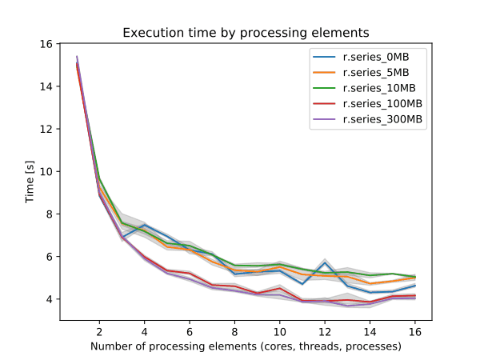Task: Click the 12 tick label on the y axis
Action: tap(48, 129)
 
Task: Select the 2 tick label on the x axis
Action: tap(99, 330)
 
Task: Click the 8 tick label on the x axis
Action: tap(234, 330)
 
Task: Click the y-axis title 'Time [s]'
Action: tap(30, 182)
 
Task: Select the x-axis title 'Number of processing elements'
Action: tap(246, 346)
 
